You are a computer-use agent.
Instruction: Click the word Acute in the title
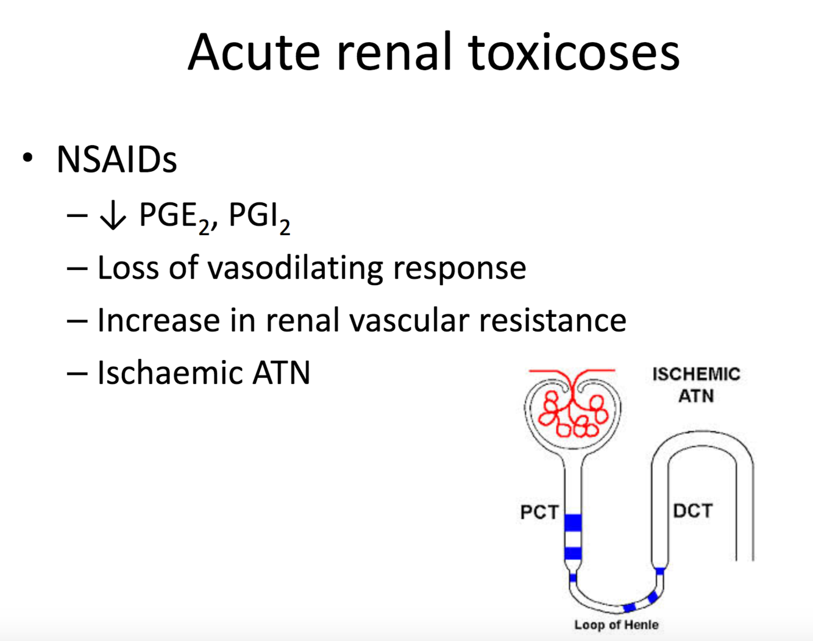pos(254,52)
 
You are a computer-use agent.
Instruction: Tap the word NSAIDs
pos(116,160)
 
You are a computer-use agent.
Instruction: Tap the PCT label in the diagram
pos(539,512)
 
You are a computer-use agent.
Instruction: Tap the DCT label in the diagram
pos(692,511)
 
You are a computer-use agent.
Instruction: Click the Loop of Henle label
pos(616,625)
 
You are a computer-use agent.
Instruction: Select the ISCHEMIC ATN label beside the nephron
pos(696,385)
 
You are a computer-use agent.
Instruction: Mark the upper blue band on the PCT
pos(573,523)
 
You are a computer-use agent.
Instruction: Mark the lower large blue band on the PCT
pos(573,553)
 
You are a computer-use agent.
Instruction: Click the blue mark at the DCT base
pos(659,571)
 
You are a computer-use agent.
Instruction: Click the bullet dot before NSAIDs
pos(27,158)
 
